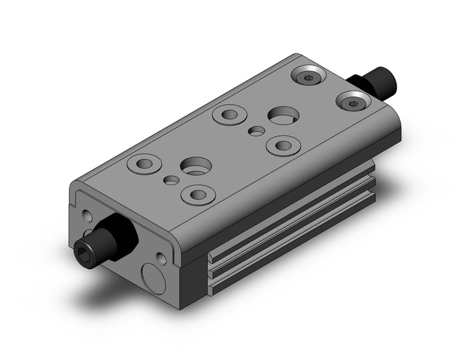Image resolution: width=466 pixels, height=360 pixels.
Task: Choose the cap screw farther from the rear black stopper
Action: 307,77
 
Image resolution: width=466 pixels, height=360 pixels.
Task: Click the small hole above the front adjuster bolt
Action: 84,214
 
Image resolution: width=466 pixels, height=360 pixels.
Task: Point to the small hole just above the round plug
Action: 161,258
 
